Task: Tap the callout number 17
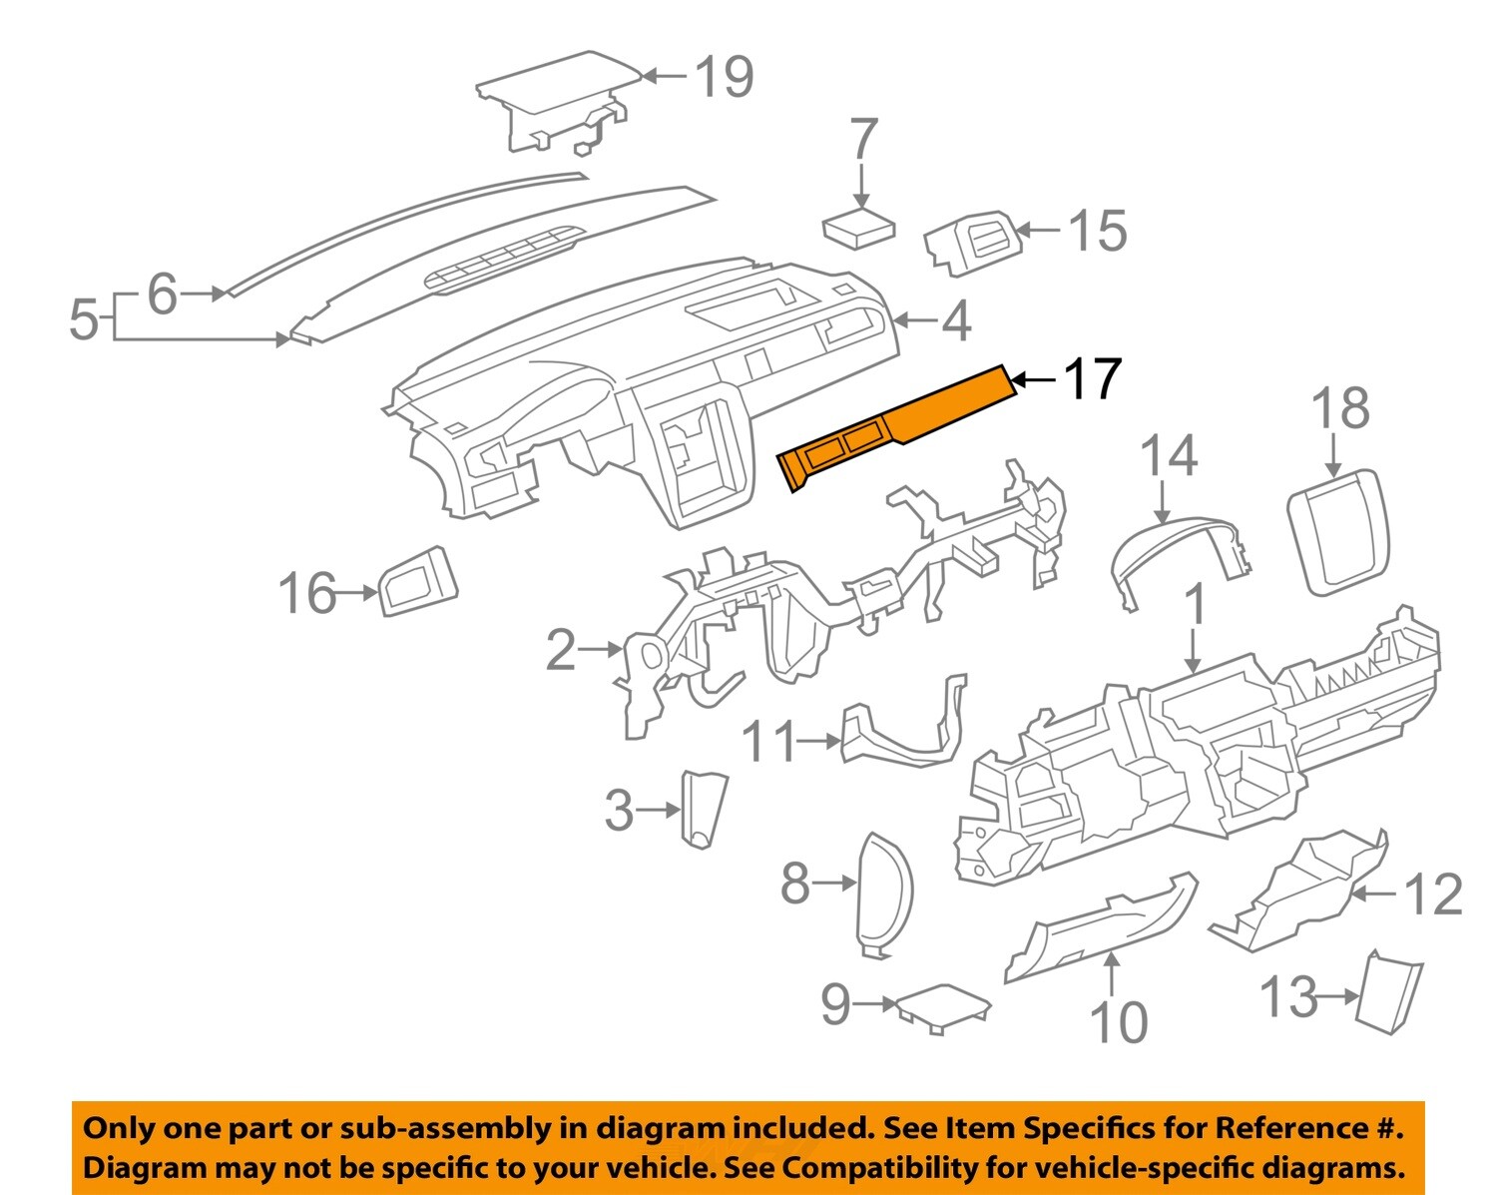(1093, 379)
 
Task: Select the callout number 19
(724, 77)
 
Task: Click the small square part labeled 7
(858, 230)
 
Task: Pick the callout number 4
(956, 320)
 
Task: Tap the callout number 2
(561, 651)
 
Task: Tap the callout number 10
(1118, 1022)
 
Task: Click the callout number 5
(84, 320)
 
